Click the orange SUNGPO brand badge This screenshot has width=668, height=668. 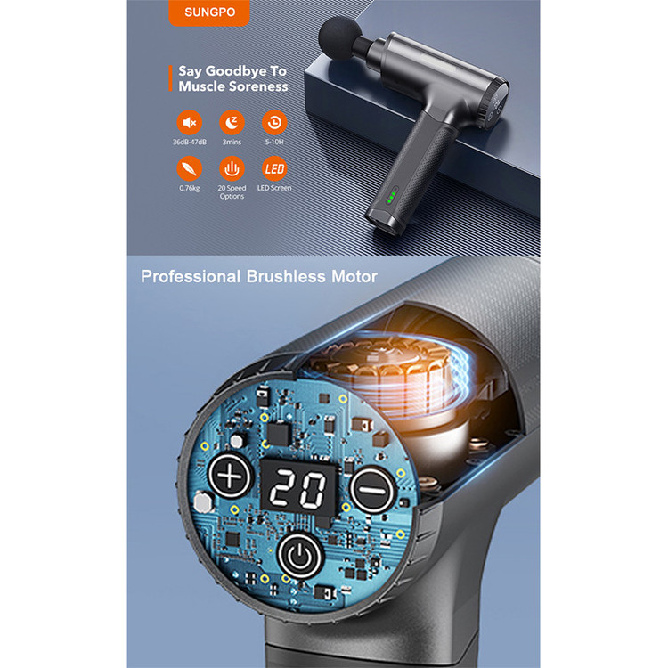tap(209, 12)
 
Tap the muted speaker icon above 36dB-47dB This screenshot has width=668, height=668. tap(189, 123)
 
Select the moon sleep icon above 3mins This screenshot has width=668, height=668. tap(232, 123)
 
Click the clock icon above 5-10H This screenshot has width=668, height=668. tap(274, 123)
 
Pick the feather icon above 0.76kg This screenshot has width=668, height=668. tap(189, 168)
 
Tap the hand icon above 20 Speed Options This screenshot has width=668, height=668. tap(232, 168)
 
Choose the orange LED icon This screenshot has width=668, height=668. tap(274, 168)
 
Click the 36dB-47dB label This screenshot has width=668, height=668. tap(190, 142)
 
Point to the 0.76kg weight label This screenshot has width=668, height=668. tap(190, 188)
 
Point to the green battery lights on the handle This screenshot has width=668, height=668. tap(392, 197)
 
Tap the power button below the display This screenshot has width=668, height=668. tap(300, 556)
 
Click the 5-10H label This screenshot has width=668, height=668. tap(274, 142)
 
